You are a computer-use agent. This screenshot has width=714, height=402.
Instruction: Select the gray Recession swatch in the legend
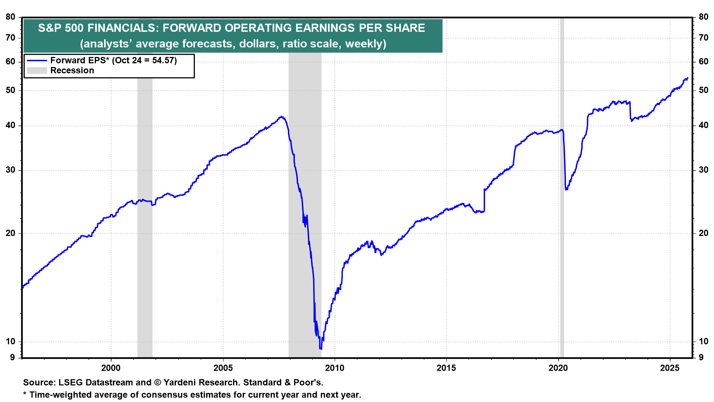tap(37, 70)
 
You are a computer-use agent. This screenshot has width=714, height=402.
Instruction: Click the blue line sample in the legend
tap(37, 60)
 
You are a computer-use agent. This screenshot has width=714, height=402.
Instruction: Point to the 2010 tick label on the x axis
tap(335, 368)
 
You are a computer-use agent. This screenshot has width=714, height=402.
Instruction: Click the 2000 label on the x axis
tap(111, 368)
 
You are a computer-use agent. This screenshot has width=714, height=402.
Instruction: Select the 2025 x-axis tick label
tap(670, 368)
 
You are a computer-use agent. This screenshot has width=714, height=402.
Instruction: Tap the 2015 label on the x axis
tap(446, 368)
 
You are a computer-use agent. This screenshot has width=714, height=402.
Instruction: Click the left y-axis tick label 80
tap(10, 17)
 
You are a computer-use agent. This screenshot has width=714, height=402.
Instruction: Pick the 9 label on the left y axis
tap(13, 357)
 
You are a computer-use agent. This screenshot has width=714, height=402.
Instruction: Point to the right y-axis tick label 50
tap(703, 90)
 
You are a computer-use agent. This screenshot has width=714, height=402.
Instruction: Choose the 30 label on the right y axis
tap(703, 170)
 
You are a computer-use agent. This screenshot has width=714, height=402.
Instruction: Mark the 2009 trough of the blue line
tap(321, 348)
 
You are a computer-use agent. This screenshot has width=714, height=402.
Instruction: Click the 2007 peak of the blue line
tap(282, 117)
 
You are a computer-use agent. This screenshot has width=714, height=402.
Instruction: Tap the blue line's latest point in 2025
tap(688, 78)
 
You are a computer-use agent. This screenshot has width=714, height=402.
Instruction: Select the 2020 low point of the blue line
tap(566, 189)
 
